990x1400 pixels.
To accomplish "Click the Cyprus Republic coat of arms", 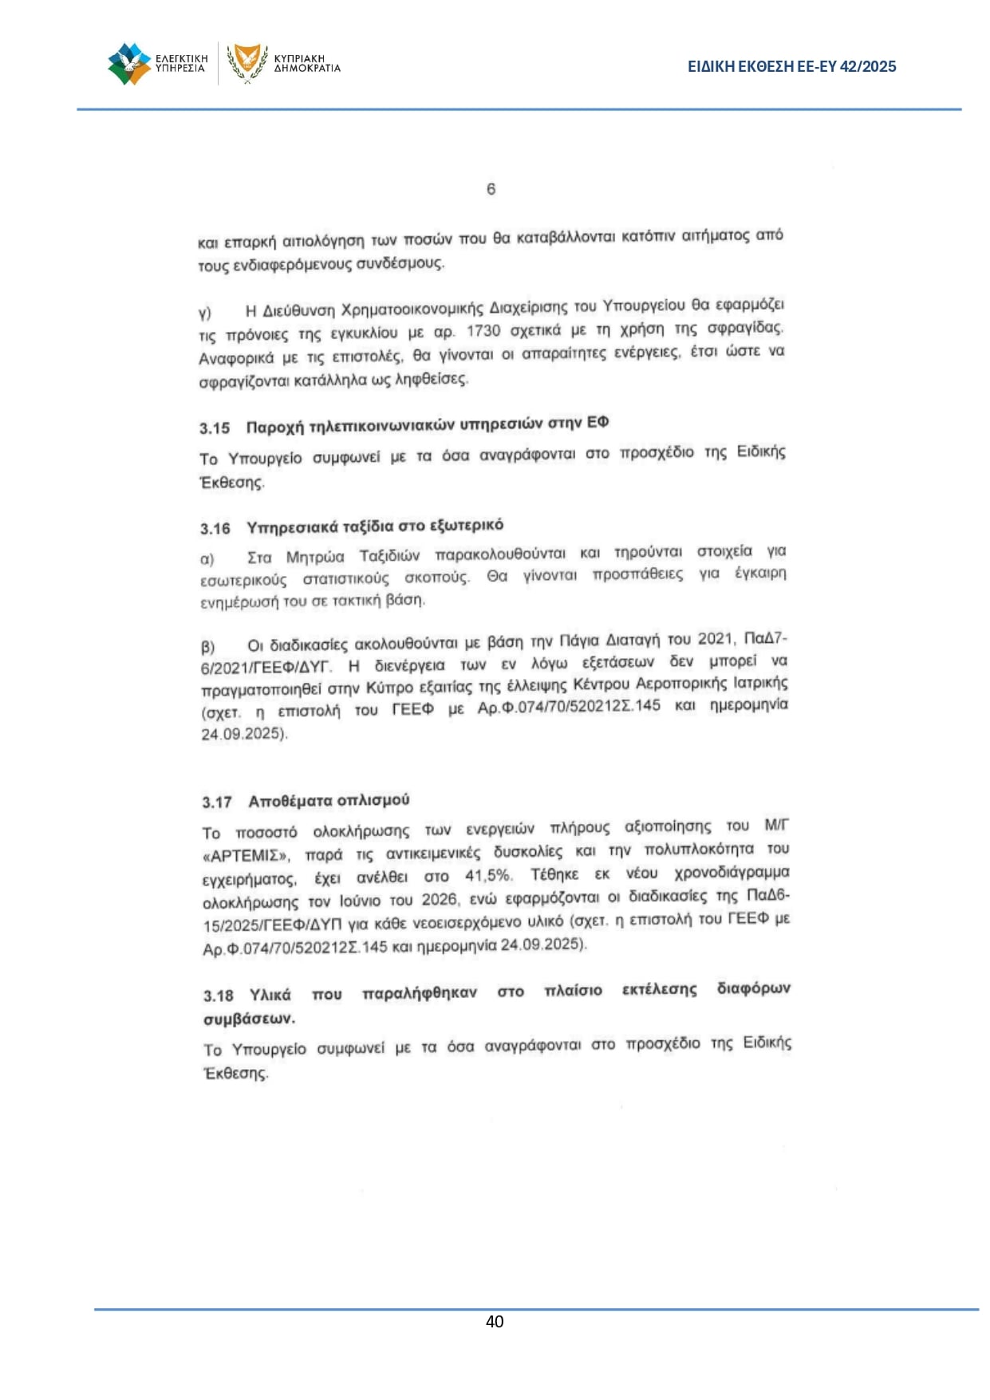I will tap(247, 62).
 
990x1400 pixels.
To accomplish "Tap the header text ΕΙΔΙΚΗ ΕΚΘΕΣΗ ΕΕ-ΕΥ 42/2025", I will tap(791, 67).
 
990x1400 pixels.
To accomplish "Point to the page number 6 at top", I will tap(491, 189).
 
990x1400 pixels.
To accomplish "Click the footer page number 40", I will tap(495, 1322).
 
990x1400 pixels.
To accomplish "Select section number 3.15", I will tap(215, 428).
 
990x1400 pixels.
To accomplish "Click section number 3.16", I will tap(215, 529).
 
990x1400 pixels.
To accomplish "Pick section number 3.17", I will tap(217, 803).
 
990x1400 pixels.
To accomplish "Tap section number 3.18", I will tap(219, 996).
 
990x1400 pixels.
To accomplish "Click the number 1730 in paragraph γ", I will tap(483, 331).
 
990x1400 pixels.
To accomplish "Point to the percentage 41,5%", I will tap(487, 876).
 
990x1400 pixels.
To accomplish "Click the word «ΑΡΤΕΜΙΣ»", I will tap(246, 856).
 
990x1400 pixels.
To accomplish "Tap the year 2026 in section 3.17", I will tap(439, 900).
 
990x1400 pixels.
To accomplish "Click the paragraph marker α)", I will tap(207, 559).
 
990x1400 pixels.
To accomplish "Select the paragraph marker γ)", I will tap(205, 313).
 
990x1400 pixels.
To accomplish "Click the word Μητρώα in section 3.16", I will tap(315, 557).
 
